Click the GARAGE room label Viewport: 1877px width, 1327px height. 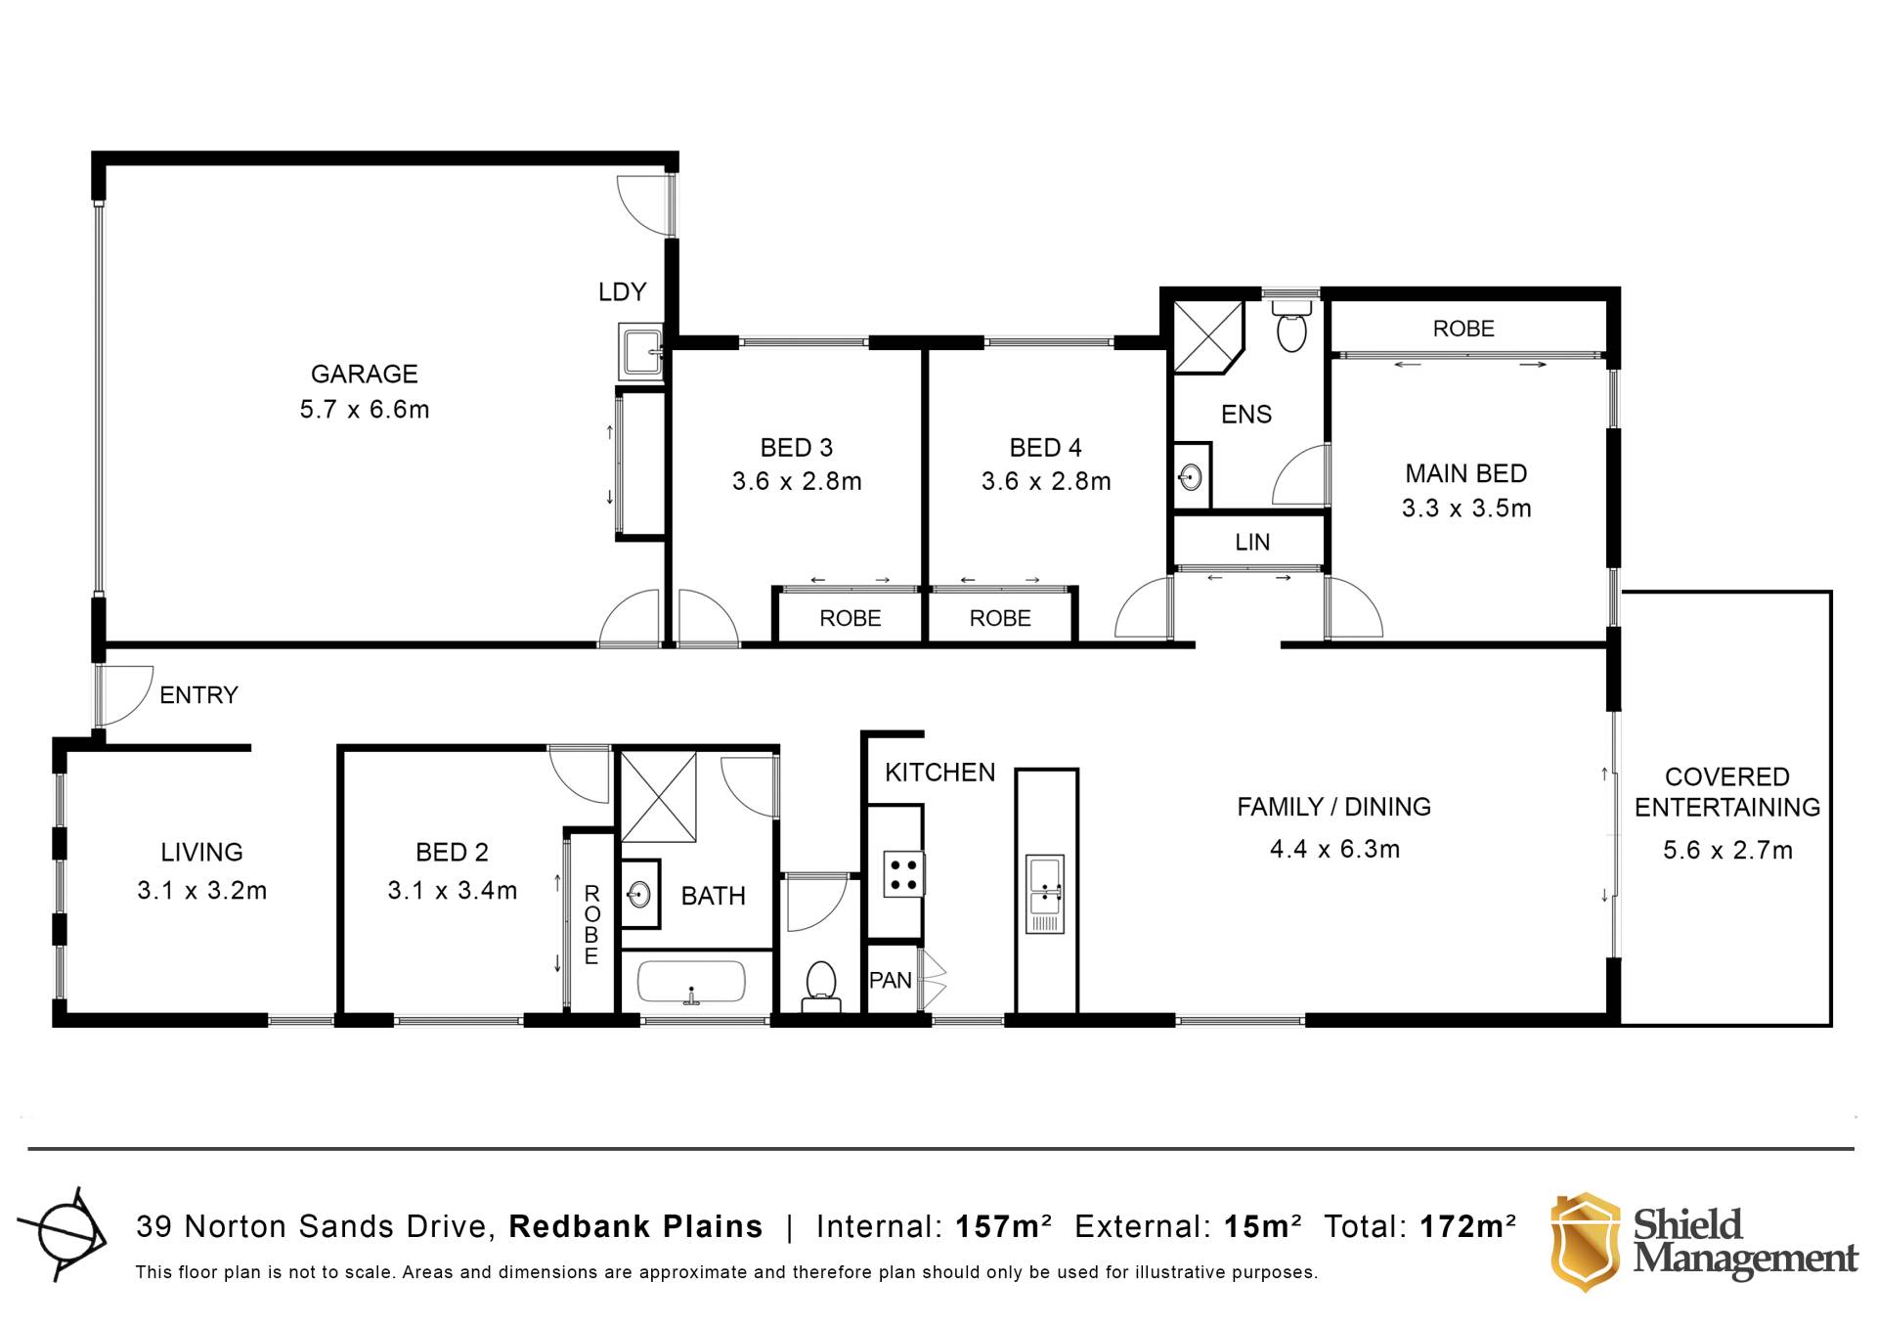tap(364, 374)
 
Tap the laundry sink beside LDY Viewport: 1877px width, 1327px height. tap(641, 352)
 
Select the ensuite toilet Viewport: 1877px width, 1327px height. tap(1291, 326)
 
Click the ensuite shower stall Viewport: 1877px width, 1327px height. tap(1208, 337)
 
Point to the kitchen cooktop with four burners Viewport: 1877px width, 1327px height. tap(903, 874)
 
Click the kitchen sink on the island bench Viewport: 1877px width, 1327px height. tap(1045, 894)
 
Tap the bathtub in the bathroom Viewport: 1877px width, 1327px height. tap(691, 982)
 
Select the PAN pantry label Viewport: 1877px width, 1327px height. tap(891, 980)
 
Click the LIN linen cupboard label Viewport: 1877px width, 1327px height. tap(1252, 542)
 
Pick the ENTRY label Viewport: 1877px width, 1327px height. tap(198, 694)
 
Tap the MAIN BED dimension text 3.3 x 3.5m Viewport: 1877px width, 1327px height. tap(1465, 509)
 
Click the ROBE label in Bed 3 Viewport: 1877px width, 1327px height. tap(850, 618)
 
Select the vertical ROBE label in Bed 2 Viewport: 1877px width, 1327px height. tap(591, 924)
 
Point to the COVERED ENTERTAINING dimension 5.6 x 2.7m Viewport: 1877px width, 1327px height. tap(1727, 850)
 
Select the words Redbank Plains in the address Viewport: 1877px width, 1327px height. tap(635, 1226)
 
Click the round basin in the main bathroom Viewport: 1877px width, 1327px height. tap(639, 893)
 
